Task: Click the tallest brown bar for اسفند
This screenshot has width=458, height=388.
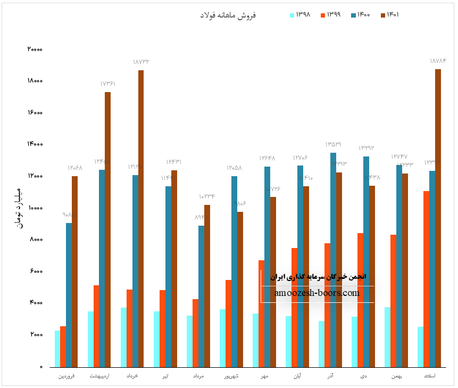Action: (438, 218)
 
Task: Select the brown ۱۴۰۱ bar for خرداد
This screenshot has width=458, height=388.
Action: (141, 218)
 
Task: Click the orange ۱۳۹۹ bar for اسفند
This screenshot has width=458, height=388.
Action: (427, 279)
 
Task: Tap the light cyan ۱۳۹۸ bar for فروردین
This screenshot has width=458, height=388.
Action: (57, 349)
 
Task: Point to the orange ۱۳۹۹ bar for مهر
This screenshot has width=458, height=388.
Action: (262, 313)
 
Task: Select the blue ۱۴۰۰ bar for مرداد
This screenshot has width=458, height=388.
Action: (202, 296)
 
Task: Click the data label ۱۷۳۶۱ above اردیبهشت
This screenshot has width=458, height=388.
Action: (108, 84)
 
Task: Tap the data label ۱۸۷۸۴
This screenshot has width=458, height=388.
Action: (438, 61)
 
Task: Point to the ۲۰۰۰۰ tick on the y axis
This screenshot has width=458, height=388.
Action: (35, 49)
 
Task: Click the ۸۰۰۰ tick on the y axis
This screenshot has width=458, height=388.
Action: (36, 240)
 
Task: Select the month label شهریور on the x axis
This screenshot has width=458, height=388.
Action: (231, 376)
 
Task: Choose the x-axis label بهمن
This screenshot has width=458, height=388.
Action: (396, 376)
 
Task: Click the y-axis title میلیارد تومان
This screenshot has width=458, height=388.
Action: (19, 208)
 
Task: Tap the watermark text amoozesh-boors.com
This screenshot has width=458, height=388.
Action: (317, 293)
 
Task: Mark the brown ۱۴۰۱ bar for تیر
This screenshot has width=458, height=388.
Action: (174, 268)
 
